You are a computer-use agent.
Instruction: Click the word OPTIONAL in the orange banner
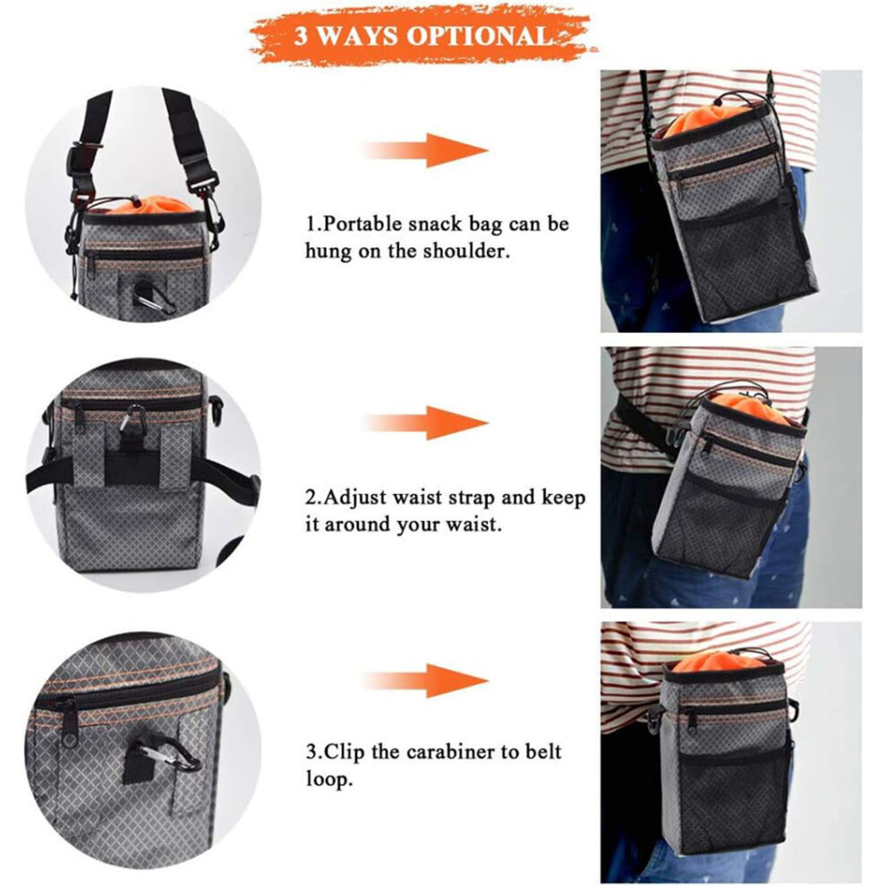click(480, 36)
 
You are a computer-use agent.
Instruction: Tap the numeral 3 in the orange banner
click(301, 37)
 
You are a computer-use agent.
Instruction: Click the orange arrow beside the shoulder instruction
click(425, 150)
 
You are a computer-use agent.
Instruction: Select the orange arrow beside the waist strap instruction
click(425, 422)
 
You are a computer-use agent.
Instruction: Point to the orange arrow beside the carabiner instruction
click(425, 681)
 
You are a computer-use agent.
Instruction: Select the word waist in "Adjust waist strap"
click(418, 498)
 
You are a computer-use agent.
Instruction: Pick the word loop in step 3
click(329, 779)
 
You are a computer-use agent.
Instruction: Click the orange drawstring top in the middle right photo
click(749, 407)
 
